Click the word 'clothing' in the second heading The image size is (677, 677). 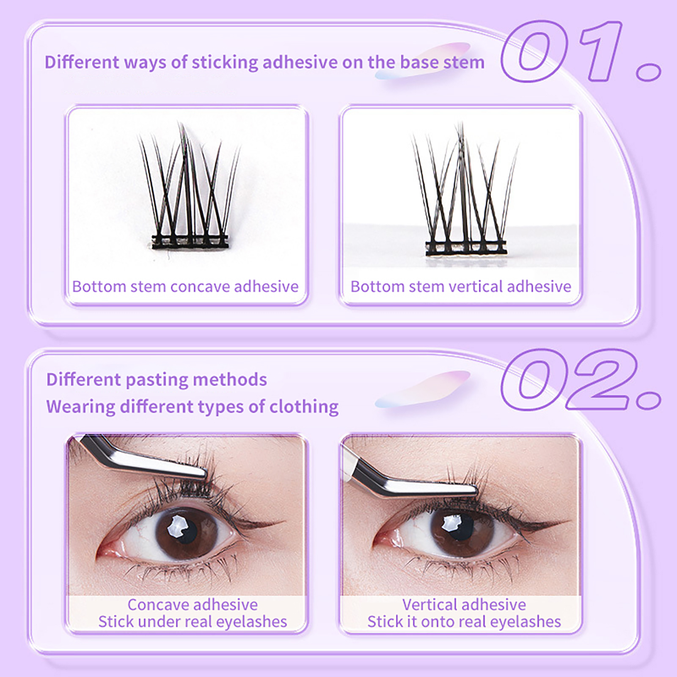304,407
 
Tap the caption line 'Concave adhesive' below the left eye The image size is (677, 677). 193,605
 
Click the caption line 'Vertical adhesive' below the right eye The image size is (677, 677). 464,605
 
